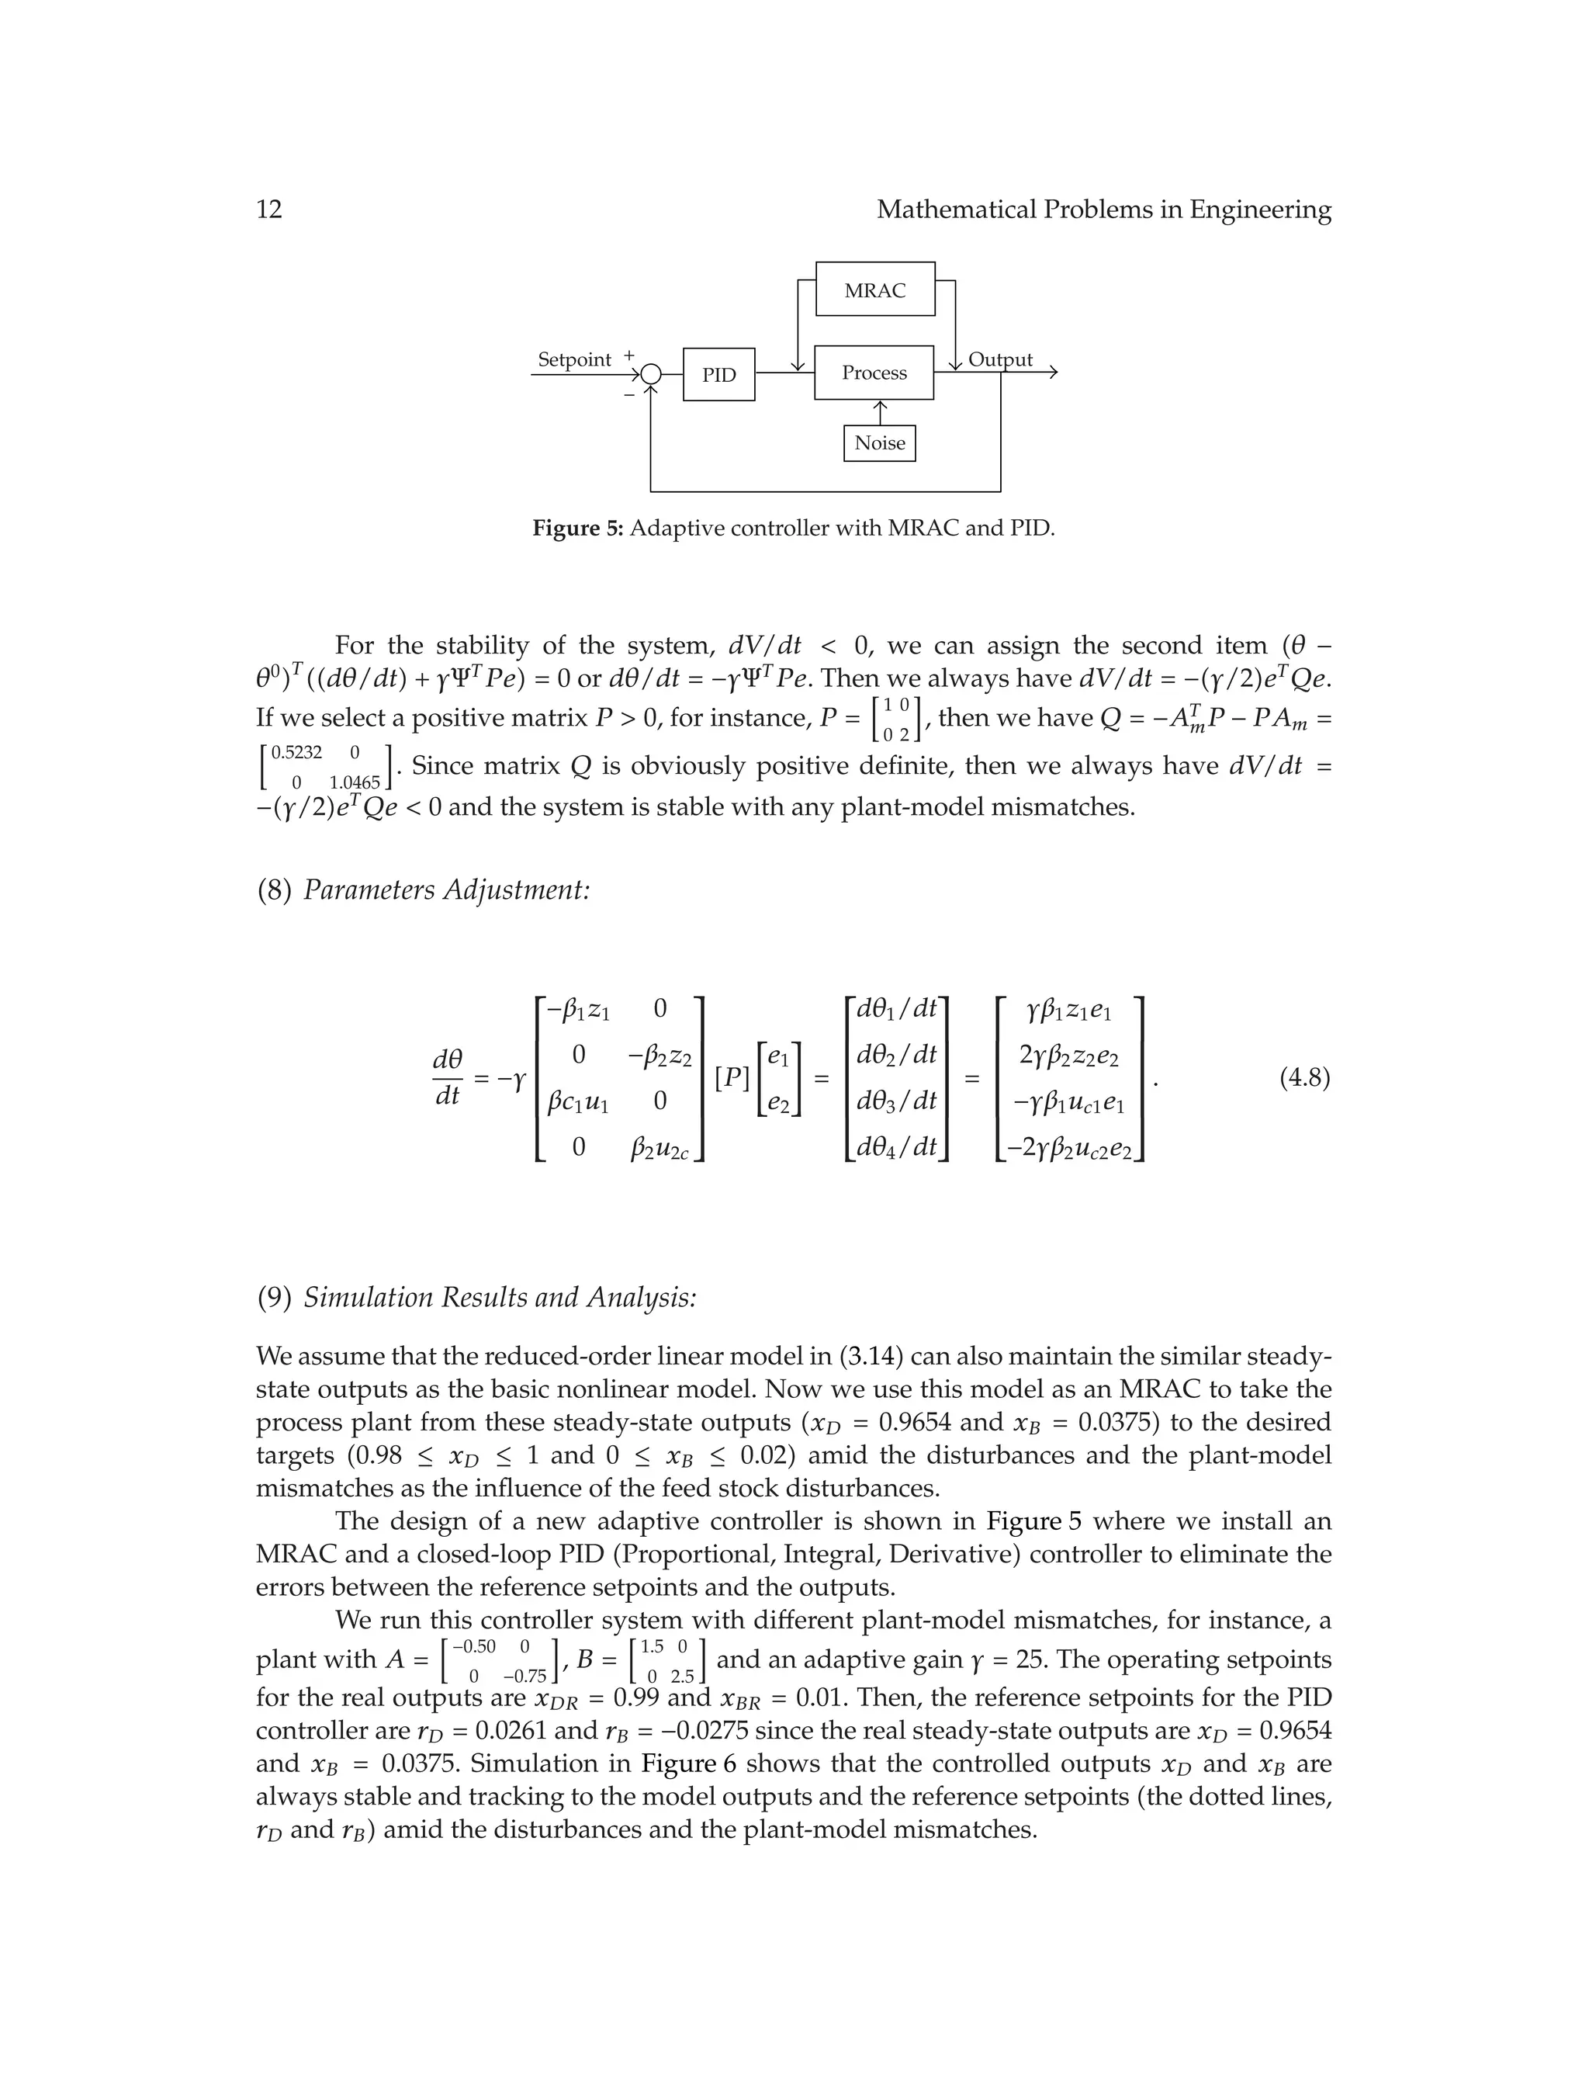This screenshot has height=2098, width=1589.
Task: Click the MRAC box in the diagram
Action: [x=874, y=290]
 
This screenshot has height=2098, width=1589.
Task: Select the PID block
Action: [x=718, y=375]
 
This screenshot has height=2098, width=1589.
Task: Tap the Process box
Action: [x=873, y=373]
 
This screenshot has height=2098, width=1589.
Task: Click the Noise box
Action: [x=879, y=443]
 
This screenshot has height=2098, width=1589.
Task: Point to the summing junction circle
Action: [x=650, y=375]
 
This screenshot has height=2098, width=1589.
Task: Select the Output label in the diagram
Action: [x=999, y=359]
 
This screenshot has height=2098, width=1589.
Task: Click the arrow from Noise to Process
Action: [x=880, y=413]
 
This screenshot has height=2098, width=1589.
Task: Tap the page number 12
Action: [x=269, y=209]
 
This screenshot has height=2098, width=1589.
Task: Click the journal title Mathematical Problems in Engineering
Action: [x=1103, y=209]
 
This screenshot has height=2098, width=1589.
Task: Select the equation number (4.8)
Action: [x=1304, y=1077]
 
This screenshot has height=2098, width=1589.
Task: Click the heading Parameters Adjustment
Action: [x=445, y=889]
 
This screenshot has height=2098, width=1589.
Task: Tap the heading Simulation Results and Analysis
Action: [x=499, y=1296]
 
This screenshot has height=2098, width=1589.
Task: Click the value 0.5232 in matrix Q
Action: [x=296, y=752]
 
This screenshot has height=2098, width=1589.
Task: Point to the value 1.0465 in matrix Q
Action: [x=354, y=782]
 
